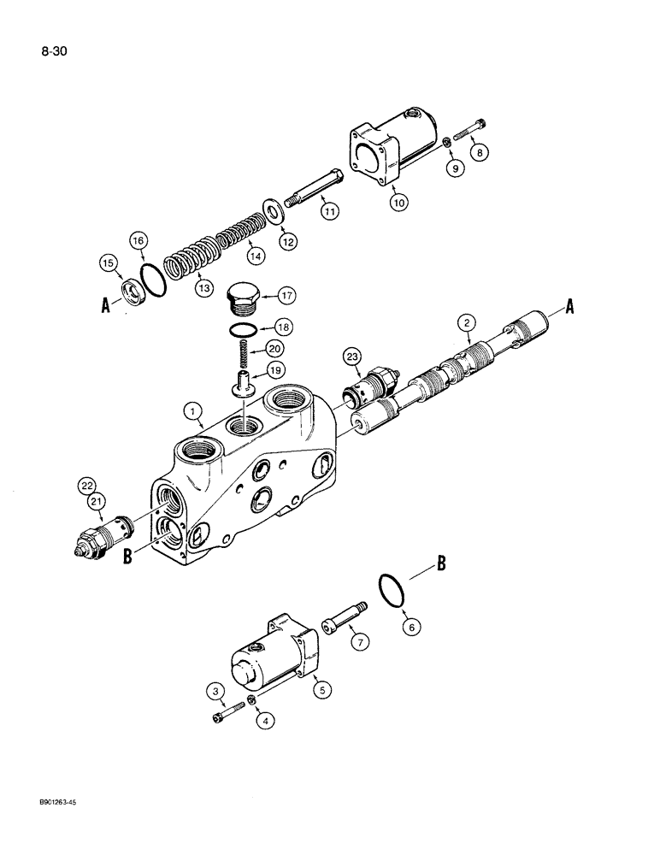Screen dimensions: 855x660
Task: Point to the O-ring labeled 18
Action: point(242,329)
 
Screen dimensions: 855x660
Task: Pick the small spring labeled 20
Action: point(243,352)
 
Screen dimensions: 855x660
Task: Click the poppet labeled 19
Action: point(243,376)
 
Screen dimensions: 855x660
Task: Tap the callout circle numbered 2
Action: point(466,322)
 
